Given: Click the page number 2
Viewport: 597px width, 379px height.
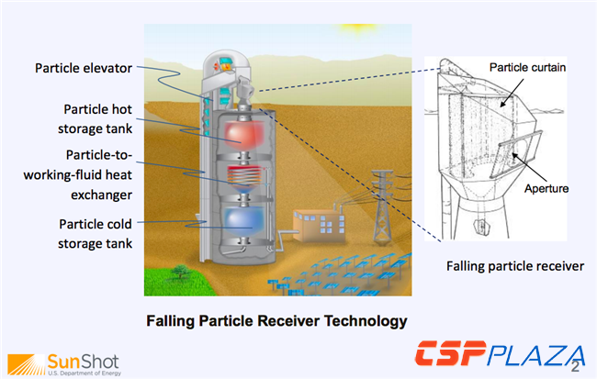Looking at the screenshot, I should tap(575, 366).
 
